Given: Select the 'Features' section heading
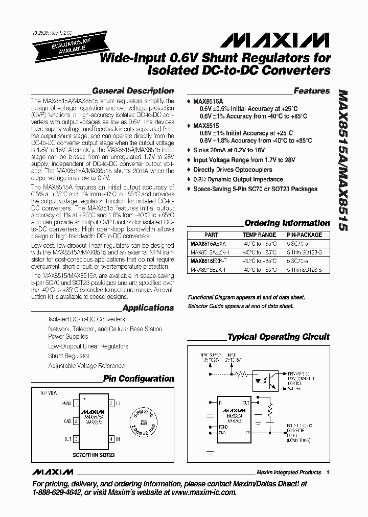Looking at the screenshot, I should point(312,91).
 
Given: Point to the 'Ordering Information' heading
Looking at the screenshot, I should point(287,223).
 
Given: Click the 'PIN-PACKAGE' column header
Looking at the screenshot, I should point(304,235).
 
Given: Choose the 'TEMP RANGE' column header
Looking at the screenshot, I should point(260,235).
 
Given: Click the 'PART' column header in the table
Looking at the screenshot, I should point(211,235).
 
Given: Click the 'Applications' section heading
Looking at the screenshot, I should point(148,308).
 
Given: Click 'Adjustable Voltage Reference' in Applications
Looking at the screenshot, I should point(86,366).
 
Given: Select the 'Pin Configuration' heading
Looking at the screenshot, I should point(139,379).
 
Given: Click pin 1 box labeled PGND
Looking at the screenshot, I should point(75,404).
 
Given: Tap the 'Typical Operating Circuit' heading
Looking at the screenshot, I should point(279,337).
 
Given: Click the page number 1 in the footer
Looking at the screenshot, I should point(328,472).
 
